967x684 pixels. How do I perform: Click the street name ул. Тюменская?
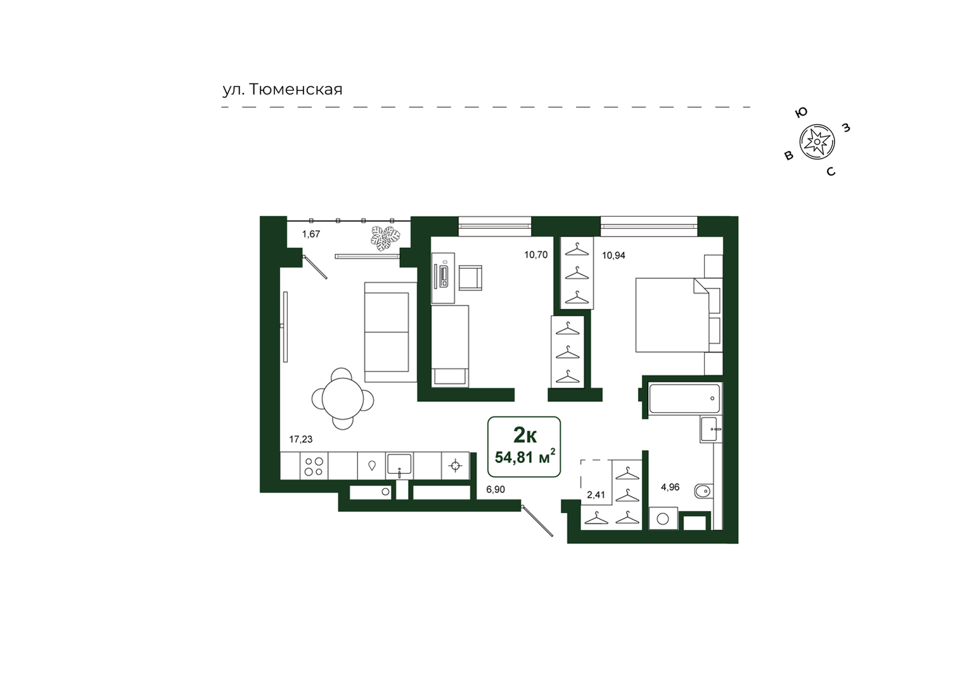(x=283, y=89)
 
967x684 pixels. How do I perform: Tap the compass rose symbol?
(x=817, y=141)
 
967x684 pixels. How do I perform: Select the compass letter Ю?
(x=801, y=113)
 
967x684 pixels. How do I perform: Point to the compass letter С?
(x=831, y=172)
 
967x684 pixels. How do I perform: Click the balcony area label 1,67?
(x=311, y=234)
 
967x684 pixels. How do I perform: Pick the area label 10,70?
(x=535, y=255)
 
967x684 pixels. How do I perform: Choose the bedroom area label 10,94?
(x=613, y=255)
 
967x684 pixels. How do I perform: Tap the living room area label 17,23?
(x=300, y=439)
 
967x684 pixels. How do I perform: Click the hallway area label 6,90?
(x=495, y=489)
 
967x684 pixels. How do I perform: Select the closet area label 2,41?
(x=596, y=495)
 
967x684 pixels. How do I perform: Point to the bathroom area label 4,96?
(x=670, y=487)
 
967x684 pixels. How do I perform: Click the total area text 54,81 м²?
(x=525, y=456)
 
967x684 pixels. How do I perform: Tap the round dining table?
(x=343, y=399)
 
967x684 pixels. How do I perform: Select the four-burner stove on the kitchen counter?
(x=314, y=466)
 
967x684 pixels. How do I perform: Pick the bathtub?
(x=684, y=398)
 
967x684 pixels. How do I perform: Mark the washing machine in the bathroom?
(x=663, y=519)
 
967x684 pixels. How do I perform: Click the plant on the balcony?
(x=385, y=238)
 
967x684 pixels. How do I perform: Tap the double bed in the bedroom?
(x=672, y=315)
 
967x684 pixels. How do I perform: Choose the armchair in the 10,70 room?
(x=470, y=278)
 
